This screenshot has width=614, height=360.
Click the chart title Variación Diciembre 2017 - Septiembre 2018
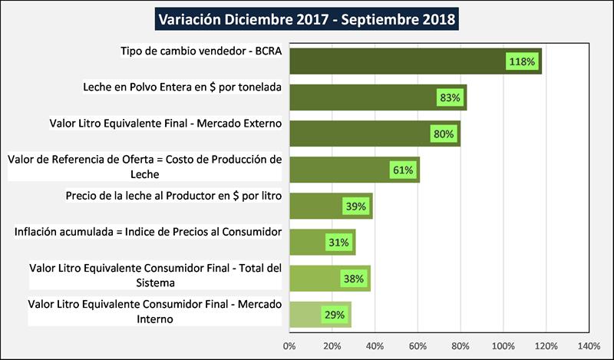[306, 18]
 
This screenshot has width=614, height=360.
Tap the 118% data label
[521, 61]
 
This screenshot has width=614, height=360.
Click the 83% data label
[450, 97]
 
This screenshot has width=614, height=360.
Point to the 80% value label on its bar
[444, 134]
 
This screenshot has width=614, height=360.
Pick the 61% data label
[403, 170]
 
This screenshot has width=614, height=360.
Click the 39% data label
[355, 206]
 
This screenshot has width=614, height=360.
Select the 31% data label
[338, 243]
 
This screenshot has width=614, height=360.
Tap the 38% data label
[353, 279]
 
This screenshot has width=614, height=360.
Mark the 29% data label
[334, 315]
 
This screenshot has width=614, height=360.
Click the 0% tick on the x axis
[289, 346]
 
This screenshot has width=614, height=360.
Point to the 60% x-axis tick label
[418, 346]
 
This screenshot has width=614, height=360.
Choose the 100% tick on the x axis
[503, 346]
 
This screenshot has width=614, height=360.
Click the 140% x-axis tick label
[589, 346]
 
